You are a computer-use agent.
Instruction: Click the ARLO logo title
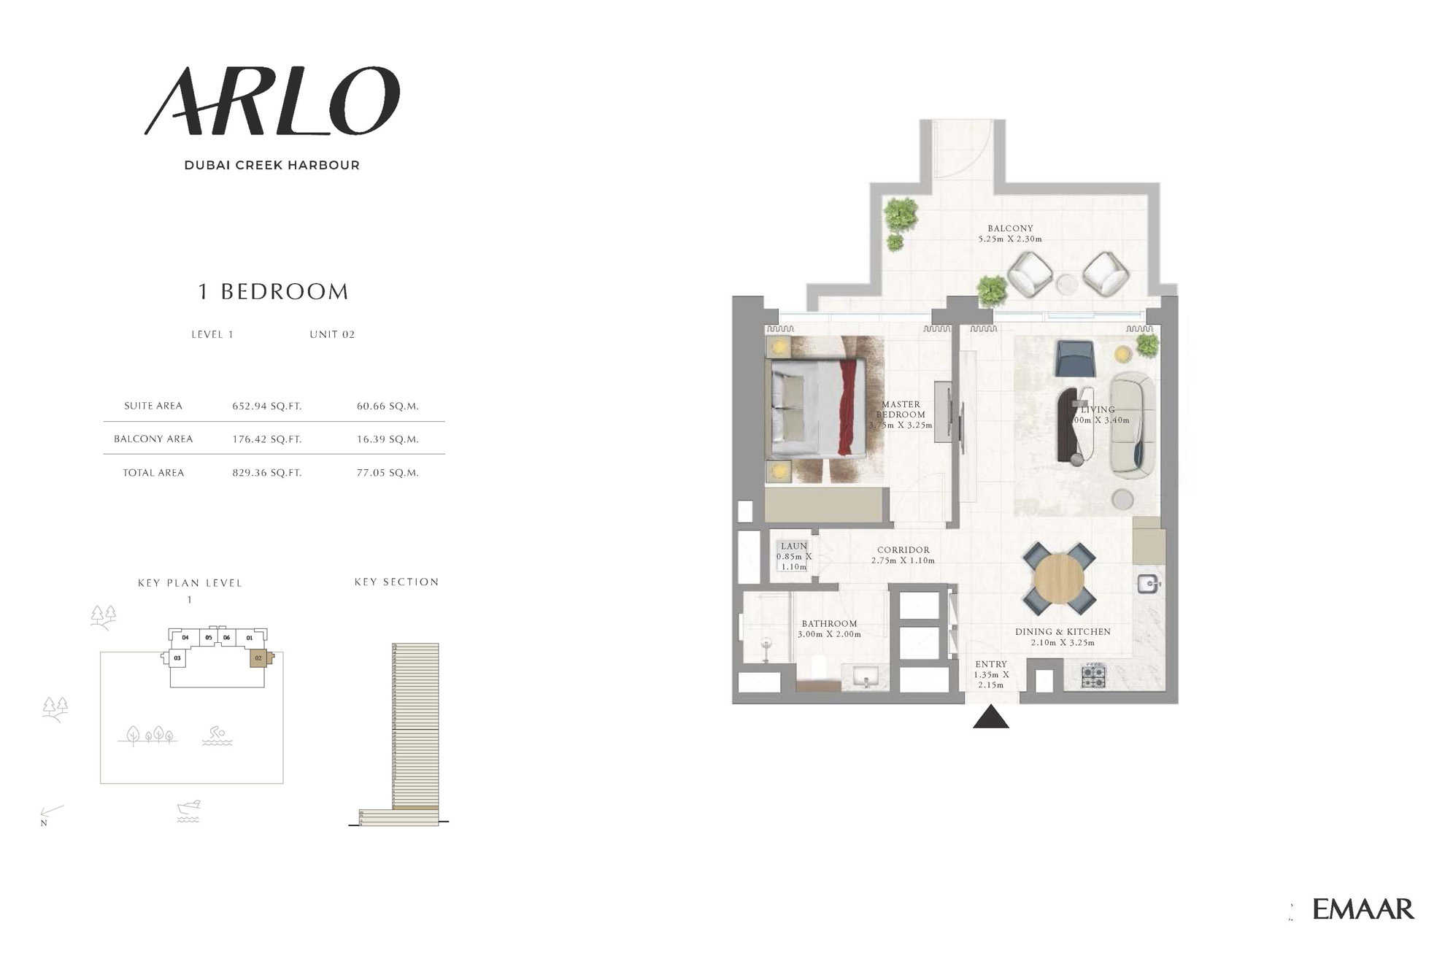272,101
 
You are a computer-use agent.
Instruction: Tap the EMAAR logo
1363,909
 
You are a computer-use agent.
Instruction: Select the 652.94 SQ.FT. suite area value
266,406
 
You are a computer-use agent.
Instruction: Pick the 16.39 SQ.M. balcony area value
388,439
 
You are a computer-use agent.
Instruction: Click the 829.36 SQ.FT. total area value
266,473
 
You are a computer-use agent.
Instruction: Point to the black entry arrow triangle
990,717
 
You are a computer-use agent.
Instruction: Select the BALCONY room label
1010,228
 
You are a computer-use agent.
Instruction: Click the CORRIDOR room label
903,550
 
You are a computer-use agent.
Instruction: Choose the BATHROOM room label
829,624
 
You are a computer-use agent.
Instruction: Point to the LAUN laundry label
794,546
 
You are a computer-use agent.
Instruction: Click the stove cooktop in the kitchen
1093,676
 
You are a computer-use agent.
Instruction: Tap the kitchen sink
1148,584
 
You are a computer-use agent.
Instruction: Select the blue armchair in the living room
1074,359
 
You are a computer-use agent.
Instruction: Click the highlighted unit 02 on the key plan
258,658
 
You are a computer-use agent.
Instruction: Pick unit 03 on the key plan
177,658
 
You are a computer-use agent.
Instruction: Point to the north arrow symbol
51,813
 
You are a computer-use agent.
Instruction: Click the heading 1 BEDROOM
274,292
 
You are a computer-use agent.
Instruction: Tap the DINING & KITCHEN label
1063,632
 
